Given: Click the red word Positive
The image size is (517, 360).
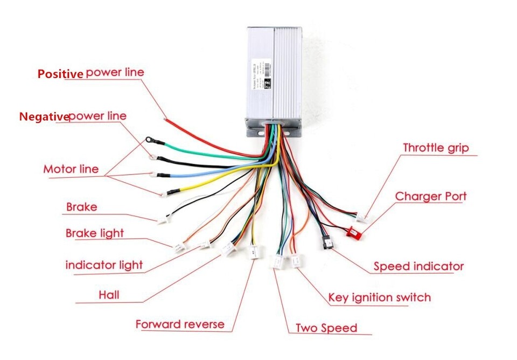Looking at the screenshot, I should (60, 74).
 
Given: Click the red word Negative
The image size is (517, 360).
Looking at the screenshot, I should (44, 116).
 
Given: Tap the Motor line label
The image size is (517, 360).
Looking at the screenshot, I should (71, 169).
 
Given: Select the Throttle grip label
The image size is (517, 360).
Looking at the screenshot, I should (436, 148).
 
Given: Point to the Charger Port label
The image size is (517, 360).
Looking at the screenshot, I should (431, 196).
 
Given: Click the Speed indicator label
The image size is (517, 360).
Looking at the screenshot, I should (418, 266).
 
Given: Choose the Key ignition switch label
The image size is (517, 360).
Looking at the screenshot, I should (379, 297).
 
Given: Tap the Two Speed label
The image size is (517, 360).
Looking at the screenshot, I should (326, 328).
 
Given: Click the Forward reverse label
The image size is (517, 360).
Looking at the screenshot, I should (179, 324).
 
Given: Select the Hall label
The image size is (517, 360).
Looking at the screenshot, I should (109, 295).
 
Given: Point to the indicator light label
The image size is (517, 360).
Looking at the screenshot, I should (104, 265).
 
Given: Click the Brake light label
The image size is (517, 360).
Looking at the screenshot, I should (95, 233).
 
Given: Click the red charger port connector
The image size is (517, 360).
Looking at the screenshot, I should (354, 233).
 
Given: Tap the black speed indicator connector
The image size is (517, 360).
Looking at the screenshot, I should (327, 244).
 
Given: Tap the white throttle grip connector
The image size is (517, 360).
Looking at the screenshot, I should (360, 218).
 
